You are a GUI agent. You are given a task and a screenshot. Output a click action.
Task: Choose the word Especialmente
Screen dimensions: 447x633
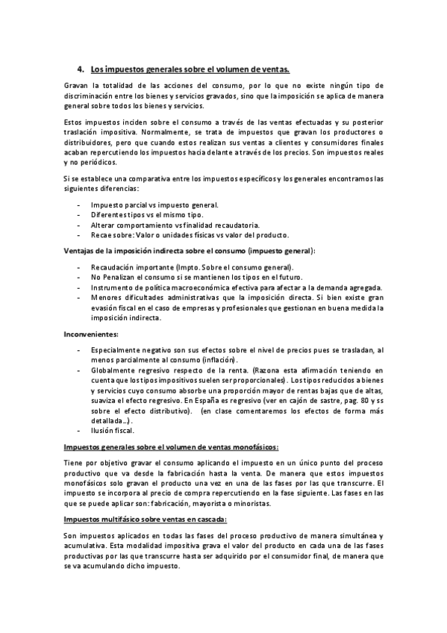click(x=119, y=350)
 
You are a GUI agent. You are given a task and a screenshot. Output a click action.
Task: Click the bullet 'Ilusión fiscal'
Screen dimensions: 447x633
click(x=110, y=431)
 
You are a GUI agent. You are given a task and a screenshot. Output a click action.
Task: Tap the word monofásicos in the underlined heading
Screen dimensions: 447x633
click(x=251, y=446)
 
